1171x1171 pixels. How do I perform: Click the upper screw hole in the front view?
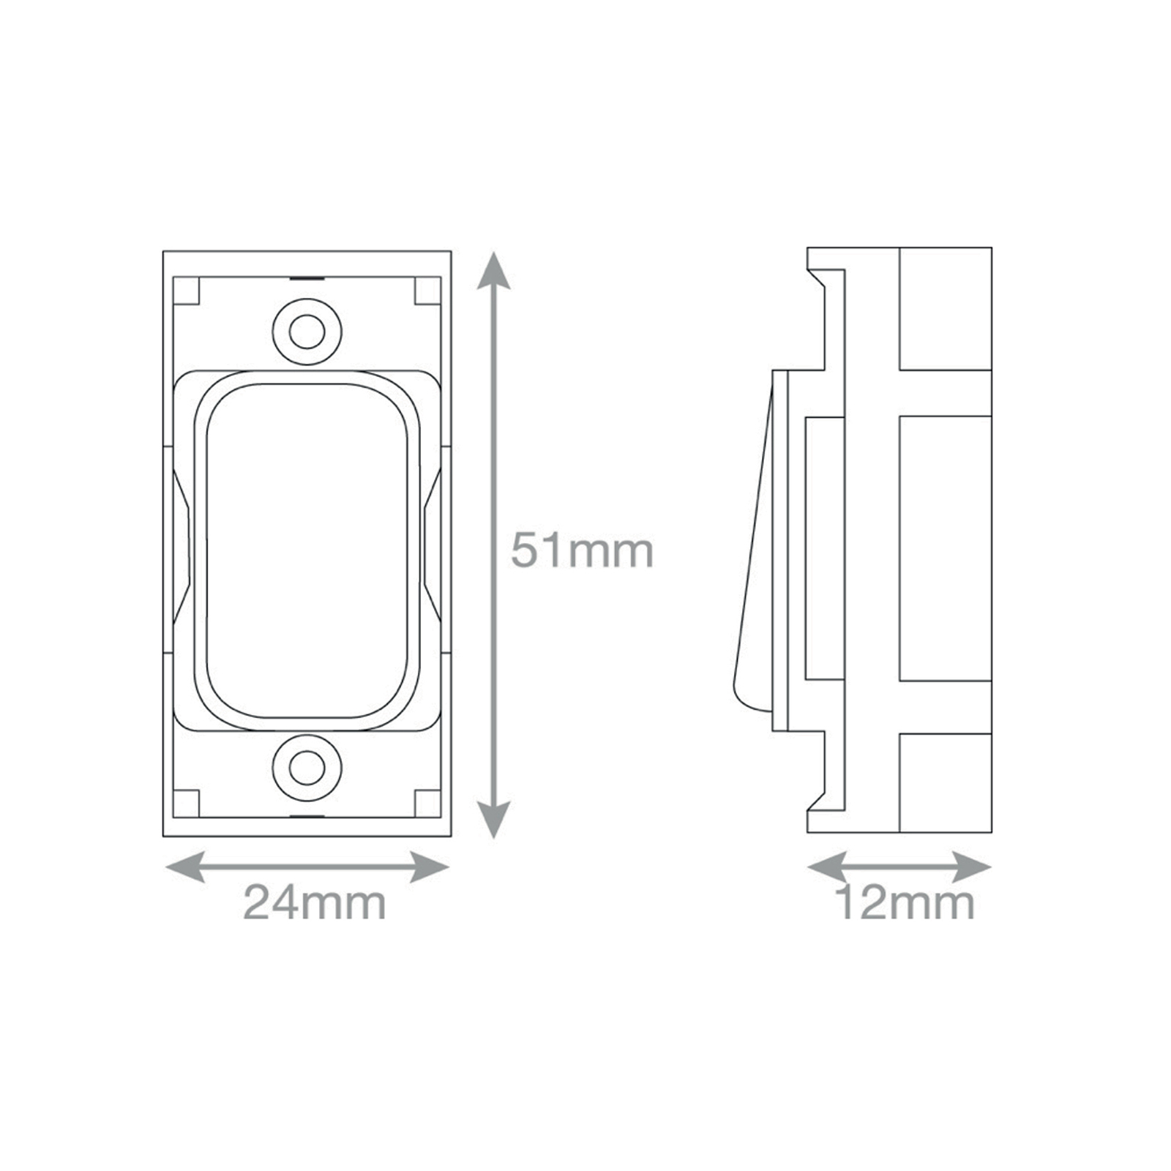pos(307,332)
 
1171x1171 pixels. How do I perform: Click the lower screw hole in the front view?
pos(307,768)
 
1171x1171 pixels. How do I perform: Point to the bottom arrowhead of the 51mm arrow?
pos(494,818)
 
